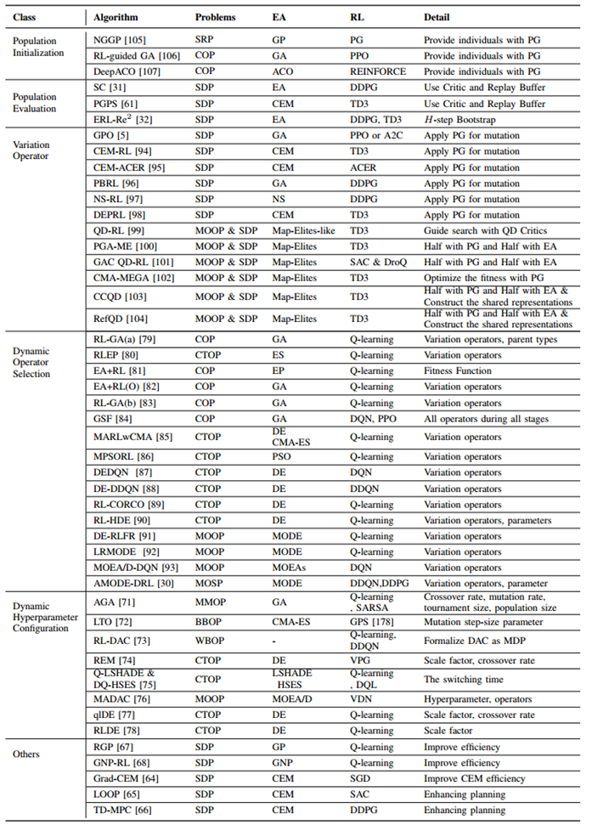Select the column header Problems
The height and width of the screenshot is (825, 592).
216,17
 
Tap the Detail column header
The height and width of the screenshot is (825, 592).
438,17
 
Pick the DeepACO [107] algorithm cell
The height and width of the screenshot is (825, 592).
124,71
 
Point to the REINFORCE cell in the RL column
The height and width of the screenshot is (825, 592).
378,71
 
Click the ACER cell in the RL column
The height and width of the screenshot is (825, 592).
363,167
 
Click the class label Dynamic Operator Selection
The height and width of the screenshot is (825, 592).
32,362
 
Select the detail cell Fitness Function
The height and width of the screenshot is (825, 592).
458,370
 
